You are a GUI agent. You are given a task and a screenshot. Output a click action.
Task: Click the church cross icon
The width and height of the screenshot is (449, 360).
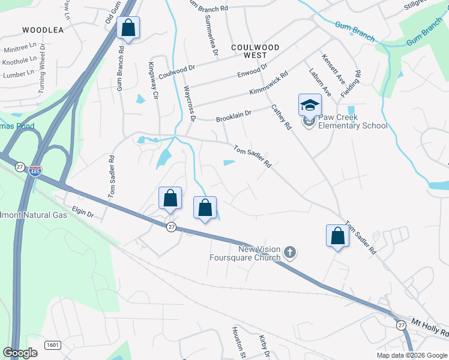point(290,252)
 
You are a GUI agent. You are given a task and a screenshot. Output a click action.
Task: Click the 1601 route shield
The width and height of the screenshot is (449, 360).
point(53,345)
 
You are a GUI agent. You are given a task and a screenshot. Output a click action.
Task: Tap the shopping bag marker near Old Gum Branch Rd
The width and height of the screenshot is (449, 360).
point(128,27)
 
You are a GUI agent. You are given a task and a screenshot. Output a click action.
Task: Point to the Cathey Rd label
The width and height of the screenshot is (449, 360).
point(281,118)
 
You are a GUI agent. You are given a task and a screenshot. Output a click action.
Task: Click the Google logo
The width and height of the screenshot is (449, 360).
point(20,353)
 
